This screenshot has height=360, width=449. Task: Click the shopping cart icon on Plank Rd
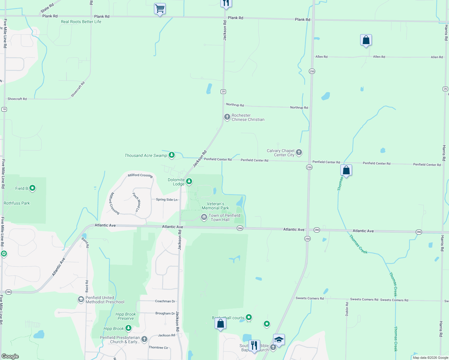160,9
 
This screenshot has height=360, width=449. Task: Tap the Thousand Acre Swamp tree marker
172,155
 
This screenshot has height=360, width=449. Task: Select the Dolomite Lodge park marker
189,181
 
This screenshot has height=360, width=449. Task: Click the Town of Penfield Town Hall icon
204,217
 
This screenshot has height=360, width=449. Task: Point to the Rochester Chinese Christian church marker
227,116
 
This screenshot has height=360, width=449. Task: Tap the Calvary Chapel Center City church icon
299,152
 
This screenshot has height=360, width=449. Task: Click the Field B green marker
32,188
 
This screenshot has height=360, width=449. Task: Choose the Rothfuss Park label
17,203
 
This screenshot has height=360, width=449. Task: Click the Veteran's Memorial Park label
215,206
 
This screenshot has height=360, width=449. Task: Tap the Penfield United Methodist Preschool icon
81,299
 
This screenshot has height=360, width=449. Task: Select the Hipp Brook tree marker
128,328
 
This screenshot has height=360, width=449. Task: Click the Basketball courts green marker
249,317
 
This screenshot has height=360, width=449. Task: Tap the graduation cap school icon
279,340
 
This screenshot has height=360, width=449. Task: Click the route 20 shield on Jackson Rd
223,91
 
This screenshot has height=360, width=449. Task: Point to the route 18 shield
4,109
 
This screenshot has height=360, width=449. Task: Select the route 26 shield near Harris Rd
445,89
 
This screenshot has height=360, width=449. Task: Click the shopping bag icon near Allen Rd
366,40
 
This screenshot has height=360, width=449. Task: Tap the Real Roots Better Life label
81,22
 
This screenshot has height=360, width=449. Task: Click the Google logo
10,356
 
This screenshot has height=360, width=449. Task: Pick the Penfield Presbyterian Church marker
144,339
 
